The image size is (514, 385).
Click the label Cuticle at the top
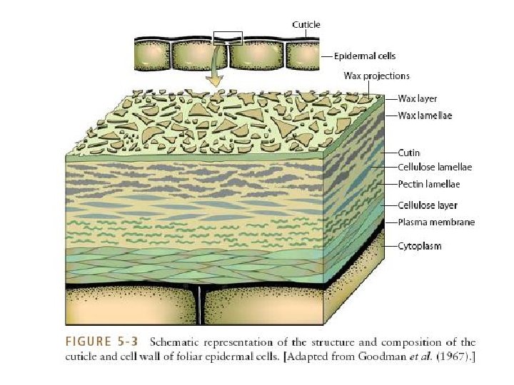click(306, 24)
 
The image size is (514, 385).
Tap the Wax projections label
click(376, 76)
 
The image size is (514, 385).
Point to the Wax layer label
click(418, 99)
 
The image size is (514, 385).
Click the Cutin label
click(408, 153)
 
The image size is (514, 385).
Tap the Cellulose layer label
click(427, 205)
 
